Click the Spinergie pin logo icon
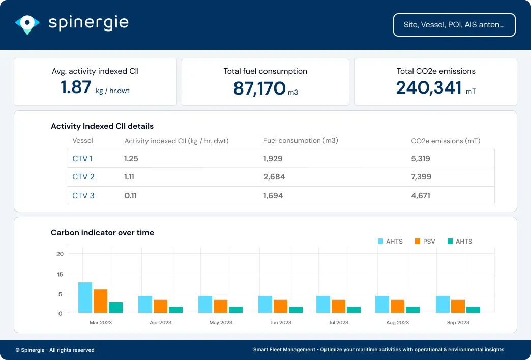click(27, 23)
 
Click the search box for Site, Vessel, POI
click(454, 25)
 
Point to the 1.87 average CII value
click(76, 87)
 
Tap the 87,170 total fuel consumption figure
click(259, 88)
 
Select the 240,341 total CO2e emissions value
click(428, 87)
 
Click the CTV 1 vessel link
click(82, 159)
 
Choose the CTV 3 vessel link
click(83, 195)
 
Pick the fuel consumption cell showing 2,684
click(274, 177)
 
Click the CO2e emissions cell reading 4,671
click(421, 195)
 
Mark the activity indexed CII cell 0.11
click(130, 195)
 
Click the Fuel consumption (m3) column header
click(301, 141)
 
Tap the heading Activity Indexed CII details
click(102, 126)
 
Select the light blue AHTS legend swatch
click(380, 242)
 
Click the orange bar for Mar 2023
click(100, 301)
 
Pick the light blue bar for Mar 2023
click(85, 297)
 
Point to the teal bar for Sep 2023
click(473, 310)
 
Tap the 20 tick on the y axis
click(60, 254)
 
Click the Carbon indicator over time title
click(102, 233)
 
